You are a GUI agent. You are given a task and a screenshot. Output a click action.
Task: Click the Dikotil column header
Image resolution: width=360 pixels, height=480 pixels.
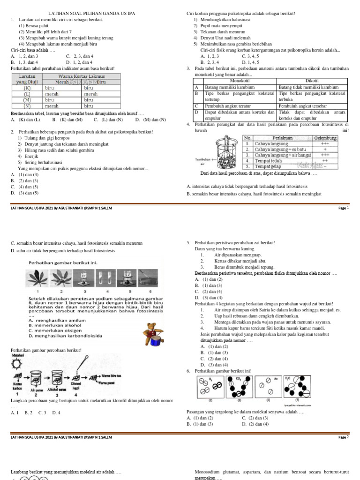point(312,81)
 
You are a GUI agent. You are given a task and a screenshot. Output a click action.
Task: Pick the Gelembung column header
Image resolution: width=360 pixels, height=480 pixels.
point(325,138)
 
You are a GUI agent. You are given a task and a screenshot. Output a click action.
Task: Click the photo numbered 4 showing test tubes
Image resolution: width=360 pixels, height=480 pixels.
point(106,277)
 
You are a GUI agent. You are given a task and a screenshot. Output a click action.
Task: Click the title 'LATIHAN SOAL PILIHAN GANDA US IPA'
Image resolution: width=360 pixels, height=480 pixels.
point(88,14)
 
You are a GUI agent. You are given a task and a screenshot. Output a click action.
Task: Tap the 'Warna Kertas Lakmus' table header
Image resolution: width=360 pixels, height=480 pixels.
point(81,76)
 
